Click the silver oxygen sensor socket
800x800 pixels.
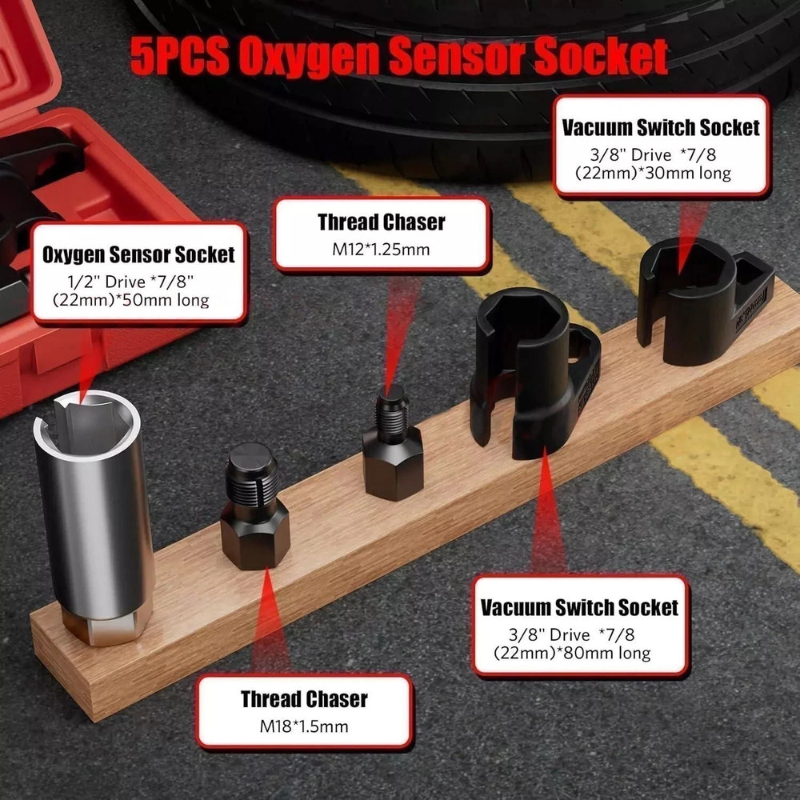coord(94,504)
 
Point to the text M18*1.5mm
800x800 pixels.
coord(304,727)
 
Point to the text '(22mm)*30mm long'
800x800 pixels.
coord(652,173)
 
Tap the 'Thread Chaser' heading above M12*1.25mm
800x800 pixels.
coord(381,221)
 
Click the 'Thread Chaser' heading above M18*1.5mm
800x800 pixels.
coord(304,699)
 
